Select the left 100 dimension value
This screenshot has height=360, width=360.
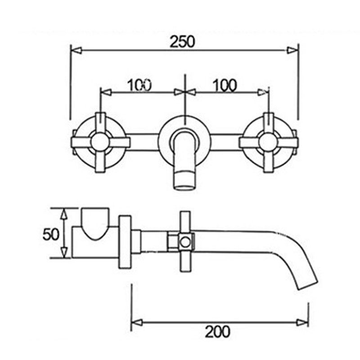(x=139, y=85)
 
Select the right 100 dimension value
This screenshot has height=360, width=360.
(x=225, y=85)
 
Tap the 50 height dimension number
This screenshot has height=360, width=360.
(x=51, y=234)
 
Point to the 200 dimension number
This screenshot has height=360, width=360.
(x=217, y=332)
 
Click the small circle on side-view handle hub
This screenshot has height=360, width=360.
(x=185, y=243)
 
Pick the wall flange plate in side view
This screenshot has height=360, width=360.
(x=125, y=242)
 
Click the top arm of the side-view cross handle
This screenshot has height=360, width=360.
(x=185, y=221)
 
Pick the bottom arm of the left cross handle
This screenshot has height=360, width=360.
(x=100, y=163)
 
